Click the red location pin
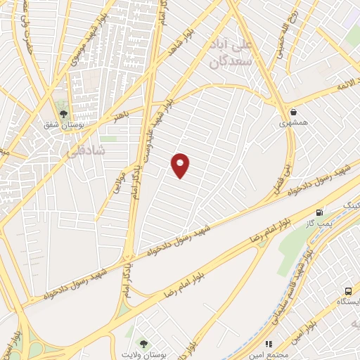click(x=181, y=165)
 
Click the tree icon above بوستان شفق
click(x=63, y=113)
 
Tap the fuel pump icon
click(x=321, y=212)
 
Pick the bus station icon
click(x=348, y=291)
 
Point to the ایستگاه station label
click(x=349, y=302)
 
